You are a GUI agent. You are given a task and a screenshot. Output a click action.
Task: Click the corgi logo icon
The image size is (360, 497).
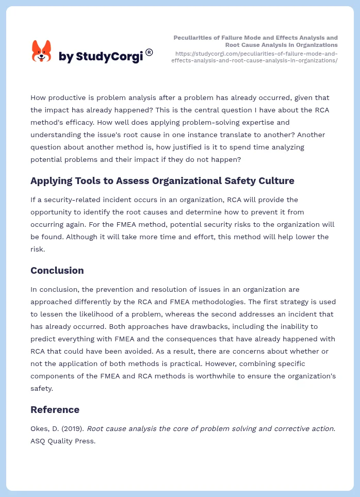[x=41, y=52]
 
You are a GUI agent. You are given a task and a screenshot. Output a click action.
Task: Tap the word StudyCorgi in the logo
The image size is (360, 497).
[x=109, y=57]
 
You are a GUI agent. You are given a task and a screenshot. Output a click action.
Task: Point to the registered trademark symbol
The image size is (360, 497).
[x=149, y=52]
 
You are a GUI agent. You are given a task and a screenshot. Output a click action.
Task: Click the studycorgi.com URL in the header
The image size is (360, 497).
[x=256, y=57]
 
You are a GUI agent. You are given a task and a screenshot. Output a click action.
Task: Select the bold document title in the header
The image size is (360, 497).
[x=255, y=41]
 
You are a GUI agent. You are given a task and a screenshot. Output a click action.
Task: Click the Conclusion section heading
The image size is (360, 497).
[x=57, y=271]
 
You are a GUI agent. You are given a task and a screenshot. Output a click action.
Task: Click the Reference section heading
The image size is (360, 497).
[x=55, y=410]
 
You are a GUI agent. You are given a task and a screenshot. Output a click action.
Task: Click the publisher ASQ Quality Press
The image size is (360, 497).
[x=63, y=441]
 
